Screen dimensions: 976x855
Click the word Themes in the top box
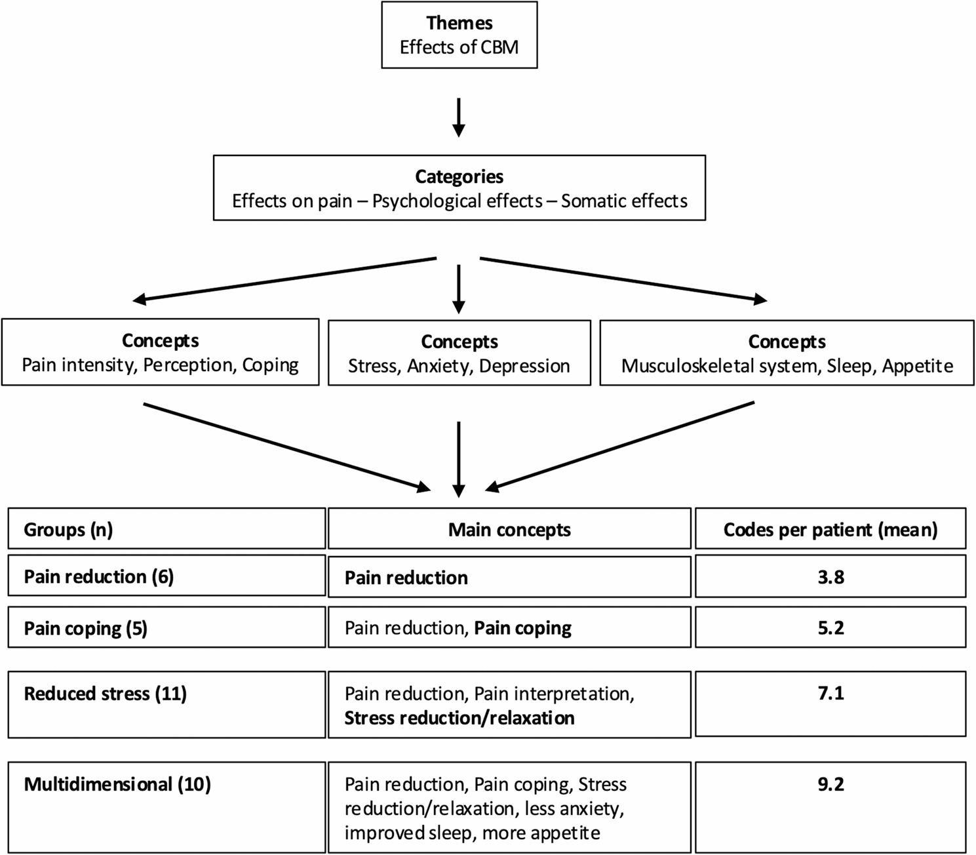pyautogui.click(x=459, y=23)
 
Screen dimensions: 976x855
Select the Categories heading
pyautogui.click(x=459, y=177)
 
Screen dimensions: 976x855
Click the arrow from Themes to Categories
pyautogui.click(x=458, y=117)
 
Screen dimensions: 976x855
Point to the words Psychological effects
pyautogui.click(x=458, y=201)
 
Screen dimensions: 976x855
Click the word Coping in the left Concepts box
pyautogui.click(x=271, y=365)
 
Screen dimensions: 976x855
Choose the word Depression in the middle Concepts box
pyautogui.click(x=524, y=366)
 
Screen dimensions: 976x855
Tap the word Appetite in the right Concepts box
pyautogui.click(x=917, y=367)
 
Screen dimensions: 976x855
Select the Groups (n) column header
pyautogui.click(x=68, y=530)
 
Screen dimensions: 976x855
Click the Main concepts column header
pyautogui.click(x=509, y=530)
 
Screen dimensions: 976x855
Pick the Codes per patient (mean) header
pyautogui.click(x=830, y=530)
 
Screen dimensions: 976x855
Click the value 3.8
pyautogui.click(x=831, y=577)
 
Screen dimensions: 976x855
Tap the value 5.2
pyautogui.click(x=831, y=628)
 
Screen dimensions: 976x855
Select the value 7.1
pyautogui.click(x=831, y=693)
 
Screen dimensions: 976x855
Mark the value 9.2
pyautogui.click(x=831, y=784)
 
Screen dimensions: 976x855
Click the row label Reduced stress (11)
pyautogui.click(x=106, y=694)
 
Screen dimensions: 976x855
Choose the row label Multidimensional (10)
pyautogui.click(x=117, y=785)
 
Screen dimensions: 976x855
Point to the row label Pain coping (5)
pyautogui.click(x=86, y=629)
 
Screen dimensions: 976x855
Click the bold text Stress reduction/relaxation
pyautogui.click(x=459, y=718)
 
